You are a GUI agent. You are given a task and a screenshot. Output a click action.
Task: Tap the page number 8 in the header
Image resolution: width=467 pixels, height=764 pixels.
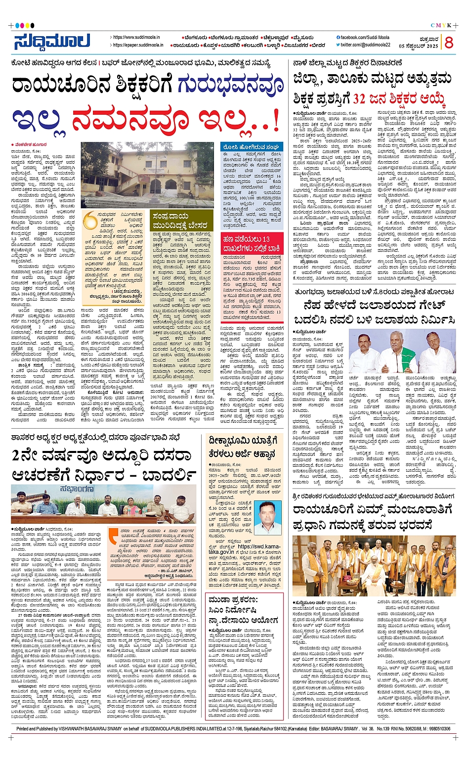point(449,43)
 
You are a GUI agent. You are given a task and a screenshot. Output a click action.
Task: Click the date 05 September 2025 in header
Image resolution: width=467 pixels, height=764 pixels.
point(419,46)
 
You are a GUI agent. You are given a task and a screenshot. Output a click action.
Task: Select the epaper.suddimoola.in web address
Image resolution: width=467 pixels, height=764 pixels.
point(138,45)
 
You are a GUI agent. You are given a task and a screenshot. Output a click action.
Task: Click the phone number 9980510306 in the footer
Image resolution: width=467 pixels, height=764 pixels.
point(437,729)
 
